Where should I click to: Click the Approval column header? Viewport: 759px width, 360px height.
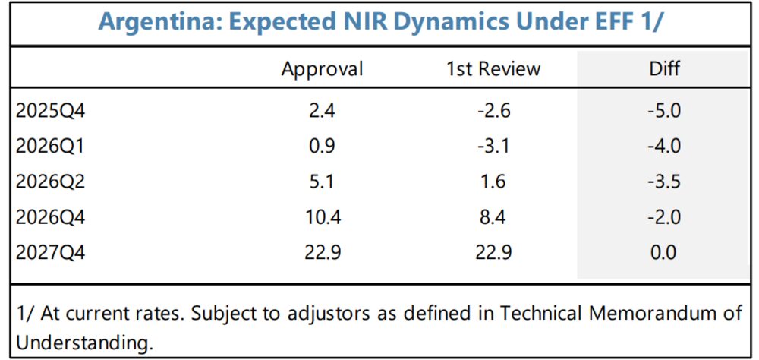(322, 69)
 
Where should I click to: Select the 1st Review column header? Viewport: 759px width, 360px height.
(493, 69)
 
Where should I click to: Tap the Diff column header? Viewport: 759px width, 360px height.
(664, 69)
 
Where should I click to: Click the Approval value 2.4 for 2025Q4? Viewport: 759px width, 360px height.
(322, 111)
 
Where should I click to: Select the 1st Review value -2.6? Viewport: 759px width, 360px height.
(493, 111)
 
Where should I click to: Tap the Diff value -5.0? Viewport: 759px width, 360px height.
(664, 111)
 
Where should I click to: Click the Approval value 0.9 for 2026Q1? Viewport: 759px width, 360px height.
(322, 146)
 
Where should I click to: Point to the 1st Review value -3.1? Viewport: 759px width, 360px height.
(493, 146)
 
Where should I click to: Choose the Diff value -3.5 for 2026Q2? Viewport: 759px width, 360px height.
(664, 182)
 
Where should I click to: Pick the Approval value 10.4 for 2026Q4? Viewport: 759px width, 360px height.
(322, 217)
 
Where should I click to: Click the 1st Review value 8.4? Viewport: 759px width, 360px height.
(493, 217)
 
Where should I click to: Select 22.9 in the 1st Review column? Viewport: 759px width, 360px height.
(493, 252)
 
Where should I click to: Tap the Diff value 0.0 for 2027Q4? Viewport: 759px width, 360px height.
(664, 252)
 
